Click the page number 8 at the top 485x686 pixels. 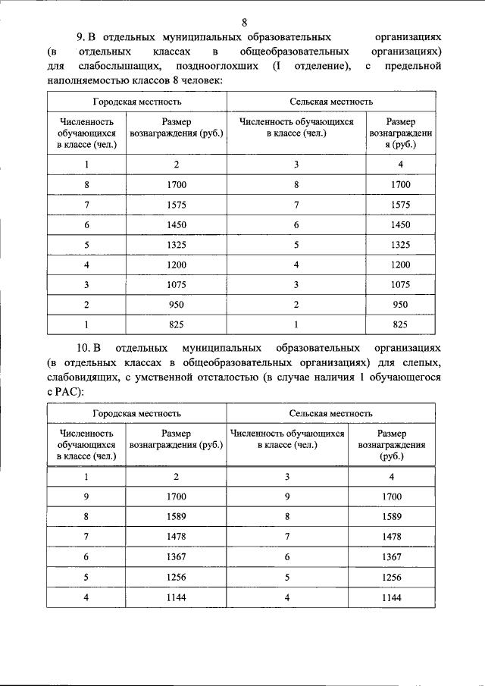(244, 22)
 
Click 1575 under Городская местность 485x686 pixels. (176, 205)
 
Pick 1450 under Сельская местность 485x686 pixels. (400, 225)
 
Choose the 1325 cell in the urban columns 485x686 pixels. (176, 245)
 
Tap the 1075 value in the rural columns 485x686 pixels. (400, 284)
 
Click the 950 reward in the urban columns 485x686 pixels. (176, 304)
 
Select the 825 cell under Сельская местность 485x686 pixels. (400, 324)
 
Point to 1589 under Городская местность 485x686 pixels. (176, 517)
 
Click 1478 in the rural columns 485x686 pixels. (391, 537)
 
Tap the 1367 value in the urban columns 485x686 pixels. (176, 556)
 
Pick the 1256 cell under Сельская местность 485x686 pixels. (391, 576)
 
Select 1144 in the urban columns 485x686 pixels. (176, 597)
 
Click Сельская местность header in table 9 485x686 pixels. (331, 101)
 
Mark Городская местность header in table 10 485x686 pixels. (137, 414)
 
